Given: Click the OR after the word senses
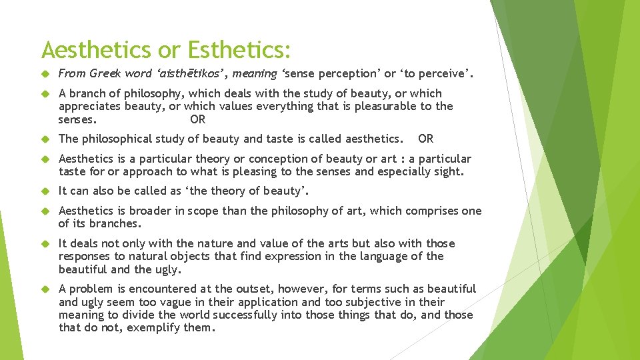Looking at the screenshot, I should point(198,120).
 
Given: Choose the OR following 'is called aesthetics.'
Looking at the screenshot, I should point(425,139).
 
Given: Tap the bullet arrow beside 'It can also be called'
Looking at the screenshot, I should point(46,191).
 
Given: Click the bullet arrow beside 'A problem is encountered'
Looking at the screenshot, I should point(46,289).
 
